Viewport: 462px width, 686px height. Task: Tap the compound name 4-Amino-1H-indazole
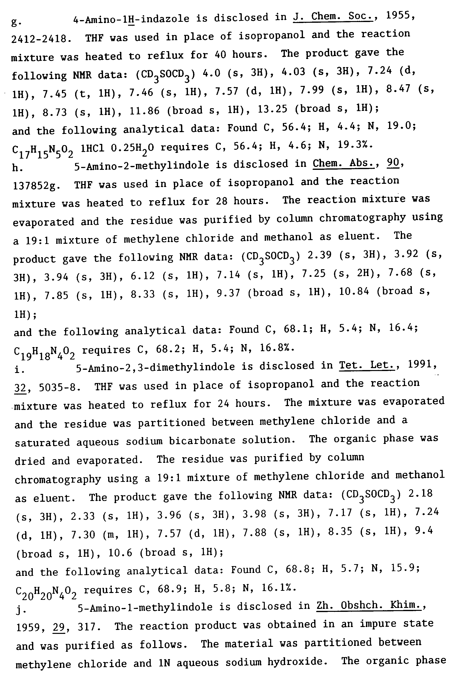coord(131,19)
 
